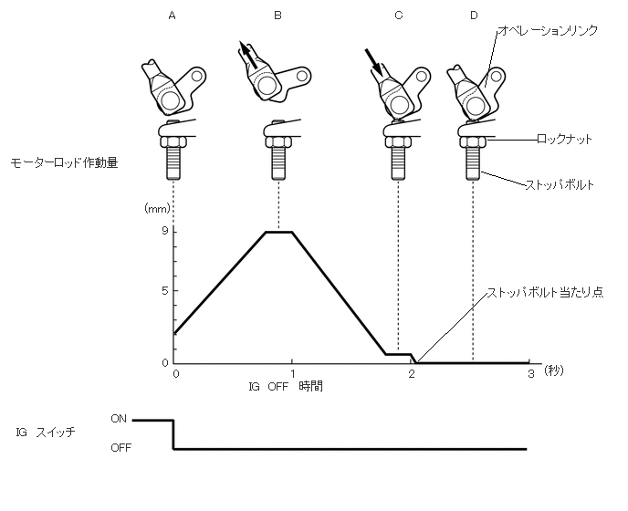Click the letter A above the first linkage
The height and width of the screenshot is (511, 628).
172,16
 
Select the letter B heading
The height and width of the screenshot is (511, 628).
277,16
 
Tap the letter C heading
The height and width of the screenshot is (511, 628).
398,16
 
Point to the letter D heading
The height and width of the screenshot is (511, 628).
473,16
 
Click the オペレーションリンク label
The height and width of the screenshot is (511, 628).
547,31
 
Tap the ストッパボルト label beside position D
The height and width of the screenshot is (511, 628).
560,184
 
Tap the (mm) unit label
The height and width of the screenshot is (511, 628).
157,209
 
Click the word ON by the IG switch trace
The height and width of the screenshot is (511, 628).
119,419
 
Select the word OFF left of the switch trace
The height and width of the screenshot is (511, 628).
120,448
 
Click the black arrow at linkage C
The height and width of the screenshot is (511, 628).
373,60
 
